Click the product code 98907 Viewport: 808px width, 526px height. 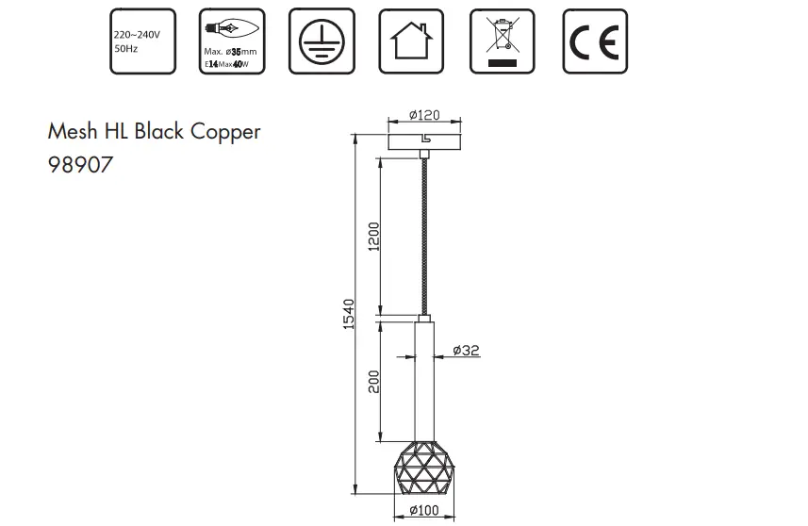pyautogui.click(x=80, y=165)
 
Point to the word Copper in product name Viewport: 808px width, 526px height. pyautogui.click(x=225, y=132)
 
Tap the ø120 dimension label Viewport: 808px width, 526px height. pyautogui.click(x=424, y=115)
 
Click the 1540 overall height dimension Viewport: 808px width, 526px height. pyautogui.click(x=347, y=313)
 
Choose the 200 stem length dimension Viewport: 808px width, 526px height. pyautogui.click(x=373, y=381)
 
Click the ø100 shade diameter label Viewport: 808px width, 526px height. pyautogui.click(x=424, y=511)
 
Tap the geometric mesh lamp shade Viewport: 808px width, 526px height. pyautogui.click(x=424, y=468)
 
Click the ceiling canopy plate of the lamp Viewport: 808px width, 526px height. pyautogui.click(x=424, y=141)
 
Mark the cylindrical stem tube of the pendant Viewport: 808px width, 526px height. pyautogui.click(x=425, y=377)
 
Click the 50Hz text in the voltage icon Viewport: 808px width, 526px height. pyautogui.click(x=125, y=48)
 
